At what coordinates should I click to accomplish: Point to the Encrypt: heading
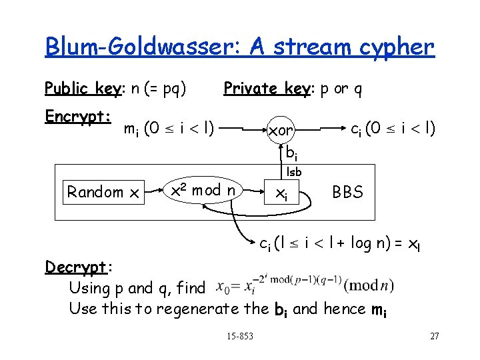point(77,117)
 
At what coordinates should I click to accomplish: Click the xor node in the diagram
point(281,131)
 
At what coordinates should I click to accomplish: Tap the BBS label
point(347,193)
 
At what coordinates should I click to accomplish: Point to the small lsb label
point(294,172)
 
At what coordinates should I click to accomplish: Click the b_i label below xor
point(291,153)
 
